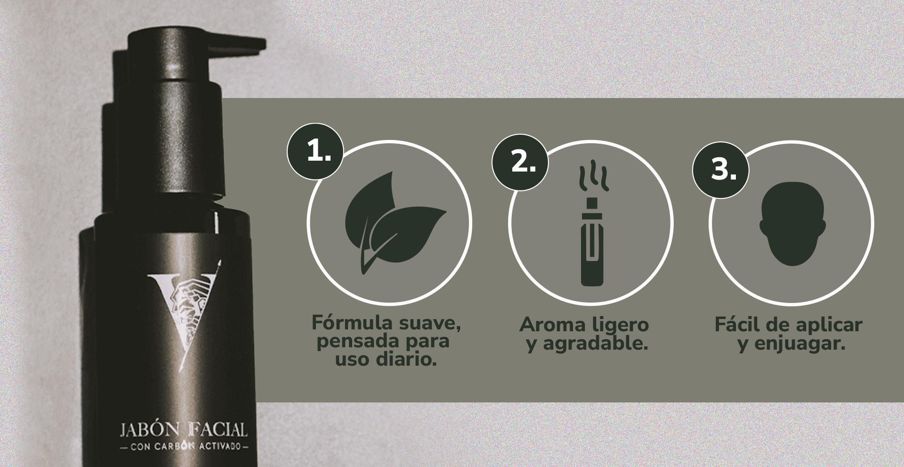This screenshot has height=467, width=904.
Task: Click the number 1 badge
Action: (315, 151)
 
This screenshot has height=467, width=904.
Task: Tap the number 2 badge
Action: (520, 163)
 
